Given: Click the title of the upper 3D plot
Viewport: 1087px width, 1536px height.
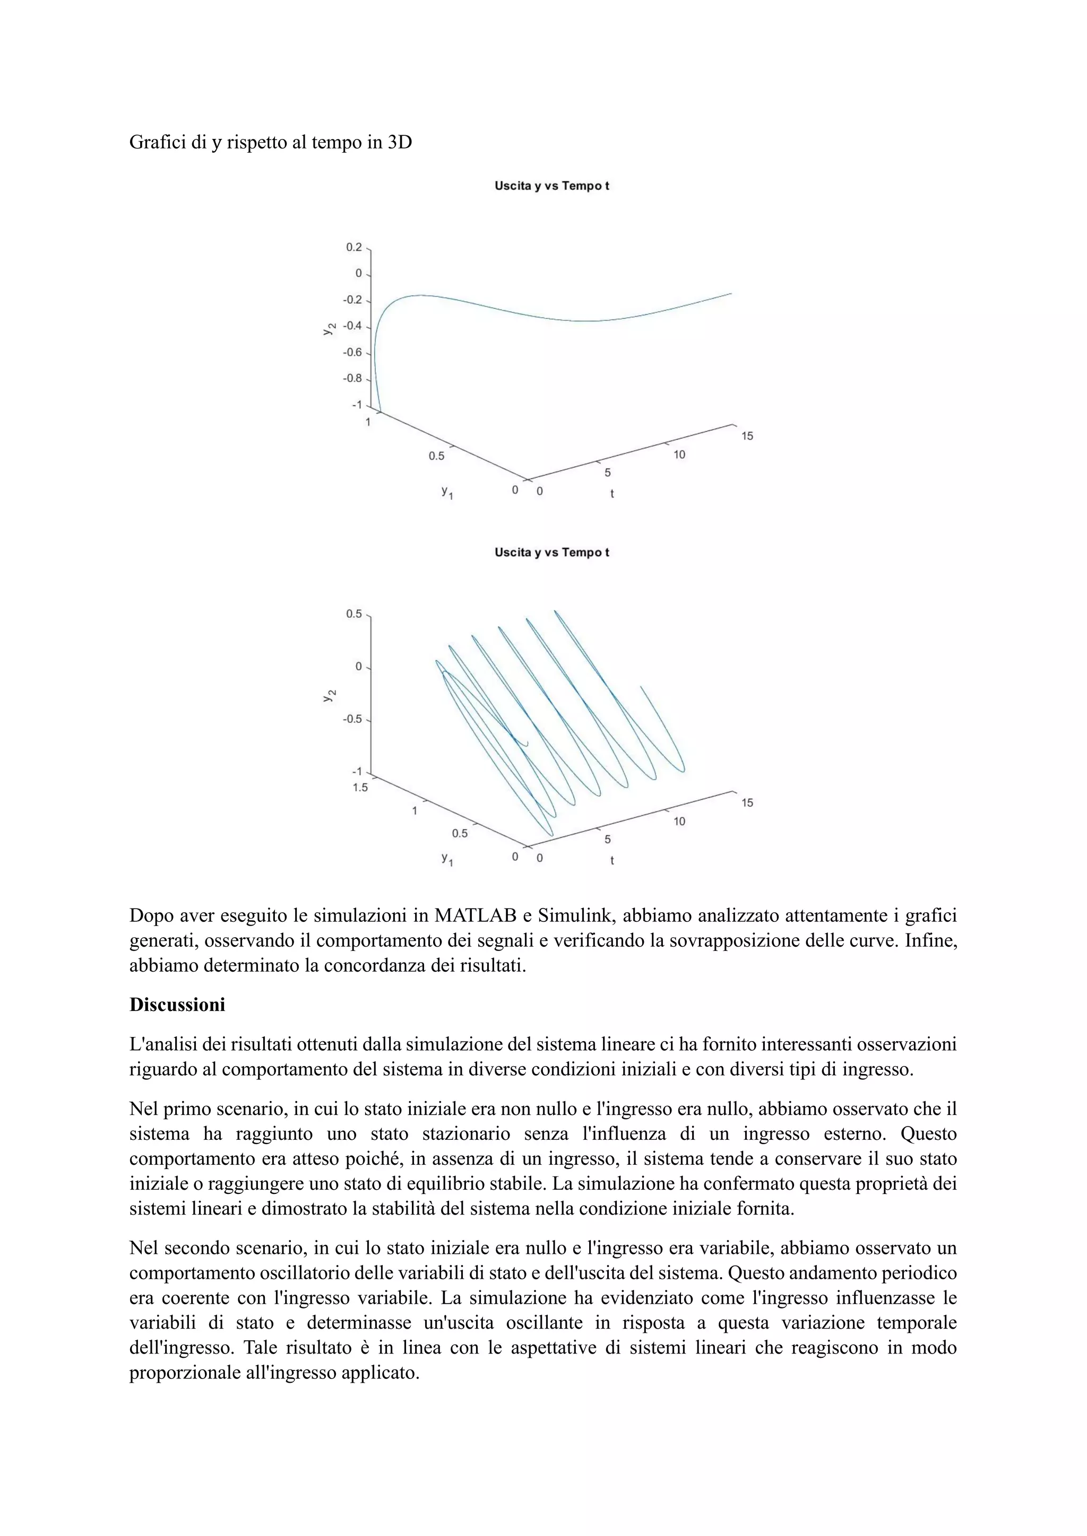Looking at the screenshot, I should click(551, 186).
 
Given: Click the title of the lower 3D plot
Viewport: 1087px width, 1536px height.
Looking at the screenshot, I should click(551, 553).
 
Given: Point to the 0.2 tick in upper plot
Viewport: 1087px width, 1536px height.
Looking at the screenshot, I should click(353, 248).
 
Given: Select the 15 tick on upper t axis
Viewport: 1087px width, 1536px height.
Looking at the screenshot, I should click(747, 436).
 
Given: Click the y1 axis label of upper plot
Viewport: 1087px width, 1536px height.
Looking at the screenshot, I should click(446, 492).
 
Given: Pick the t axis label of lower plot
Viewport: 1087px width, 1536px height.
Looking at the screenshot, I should click(612, 860).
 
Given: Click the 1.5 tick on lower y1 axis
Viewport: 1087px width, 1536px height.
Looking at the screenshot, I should click(360, 788).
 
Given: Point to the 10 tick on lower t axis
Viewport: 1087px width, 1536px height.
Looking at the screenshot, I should click(679, 822).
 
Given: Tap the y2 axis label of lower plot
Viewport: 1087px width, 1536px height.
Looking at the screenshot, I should click(329, 696).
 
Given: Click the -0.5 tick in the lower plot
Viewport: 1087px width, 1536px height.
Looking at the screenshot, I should click(352, 720).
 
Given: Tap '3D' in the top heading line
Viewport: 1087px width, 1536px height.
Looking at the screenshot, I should click(400, 143).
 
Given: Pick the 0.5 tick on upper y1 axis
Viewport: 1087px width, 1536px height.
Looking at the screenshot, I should click(436, 456).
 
